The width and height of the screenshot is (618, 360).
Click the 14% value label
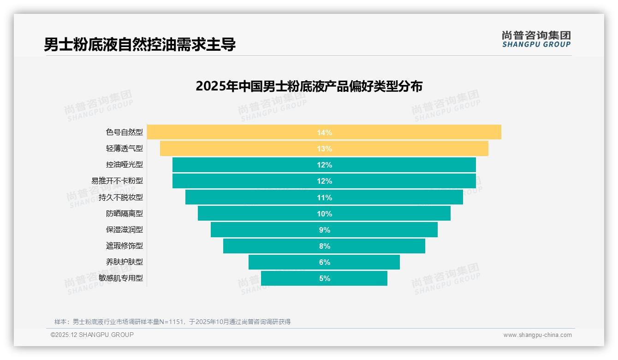(324, 132)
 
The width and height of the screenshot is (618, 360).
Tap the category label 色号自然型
(124, 132)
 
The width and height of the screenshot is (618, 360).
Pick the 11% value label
(324, 198)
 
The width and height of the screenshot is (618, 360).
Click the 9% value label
(324, 230)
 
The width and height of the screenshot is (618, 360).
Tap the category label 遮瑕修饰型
(124, 246)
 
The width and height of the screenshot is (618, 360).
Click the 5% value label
(324, 278)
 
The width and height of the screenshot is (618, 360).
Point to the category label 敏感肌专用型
(120, 278)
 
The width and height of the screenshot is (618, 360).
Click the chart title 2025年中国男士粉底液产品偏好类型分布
(309, 86)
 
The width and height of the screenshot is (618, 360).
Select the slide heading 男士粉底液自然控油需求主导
(140, 45)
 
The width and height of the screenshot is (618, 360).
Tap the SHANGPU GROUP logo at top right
(536, 39)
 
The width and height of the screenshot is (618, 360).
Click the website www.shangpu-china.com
(537, 335)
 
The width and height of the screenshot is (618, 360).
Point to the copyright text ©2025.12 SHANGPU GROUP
(92, 335)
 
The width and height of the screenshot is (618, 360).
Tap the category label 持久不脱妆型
(120, 198)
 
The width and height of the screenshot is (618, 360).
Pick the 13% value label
(324, 149)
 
